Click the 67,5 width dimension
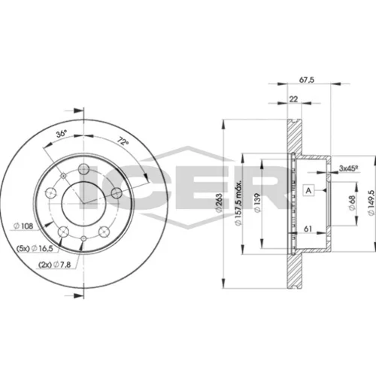coord(307,80)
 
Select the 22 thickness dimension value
coord(293,99)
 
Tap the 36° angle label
coord(61,133)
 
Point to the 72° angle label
coord(123,141)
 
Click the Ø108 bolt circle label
coord(23,226)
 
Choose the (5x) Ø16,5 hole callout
coord(35,248)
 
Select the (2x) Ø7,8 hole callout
coord(55,265)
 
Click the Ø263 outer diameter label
coord(219,203)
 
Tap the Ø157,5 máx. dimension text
coord(238,202)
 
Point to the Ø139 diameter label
coord(258,203)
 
